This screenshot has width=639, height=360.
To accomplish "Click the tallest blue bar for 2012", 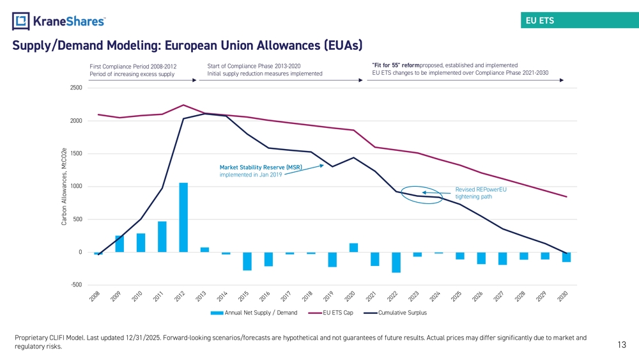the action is coord(183,217).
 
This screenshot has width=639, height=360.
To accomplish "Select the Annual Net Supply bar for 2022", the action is coord(396,262).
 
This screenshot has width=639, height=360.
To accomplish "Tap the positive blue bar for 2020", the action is coord(354,247).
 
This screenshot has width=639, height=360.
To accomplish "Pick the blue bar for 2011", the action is coord(162,237).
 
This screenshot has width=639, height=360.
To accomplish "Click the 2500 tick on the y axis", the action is coord(76,88).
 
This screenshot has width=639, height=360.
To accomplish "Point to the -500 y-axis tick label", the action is coord(76,285).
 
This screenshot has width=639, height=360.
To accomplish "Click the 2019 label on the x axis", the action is coord(328,296).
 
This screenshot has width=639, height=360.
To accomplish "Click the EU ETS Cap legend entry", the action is coord(330,313).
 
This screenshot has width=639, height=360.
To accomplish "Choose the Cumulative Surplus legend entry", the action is coord(396,313).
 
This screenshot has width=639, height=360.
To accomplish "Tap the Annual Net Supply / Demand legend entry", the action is coord(254,313).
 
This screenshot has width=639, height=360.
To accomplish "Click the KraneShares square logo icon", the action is coord(21,21).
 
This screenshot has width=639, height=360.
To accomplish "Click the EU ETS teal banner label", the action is coord(539,20).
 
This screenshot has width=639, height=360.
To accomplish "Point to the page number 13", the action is coord(622,345).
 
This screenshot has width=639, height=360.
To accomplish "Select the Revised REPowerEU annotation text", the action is coord(481,193).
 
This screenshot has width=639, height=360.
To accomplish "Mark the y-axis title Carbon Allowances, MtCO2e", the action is coord(64,187).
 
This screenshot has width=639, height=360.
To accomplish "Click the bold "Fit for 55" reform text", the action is coord(396,65).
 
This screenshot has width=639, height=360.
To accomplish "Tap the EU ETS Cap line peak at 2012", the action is coord(183,106).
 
